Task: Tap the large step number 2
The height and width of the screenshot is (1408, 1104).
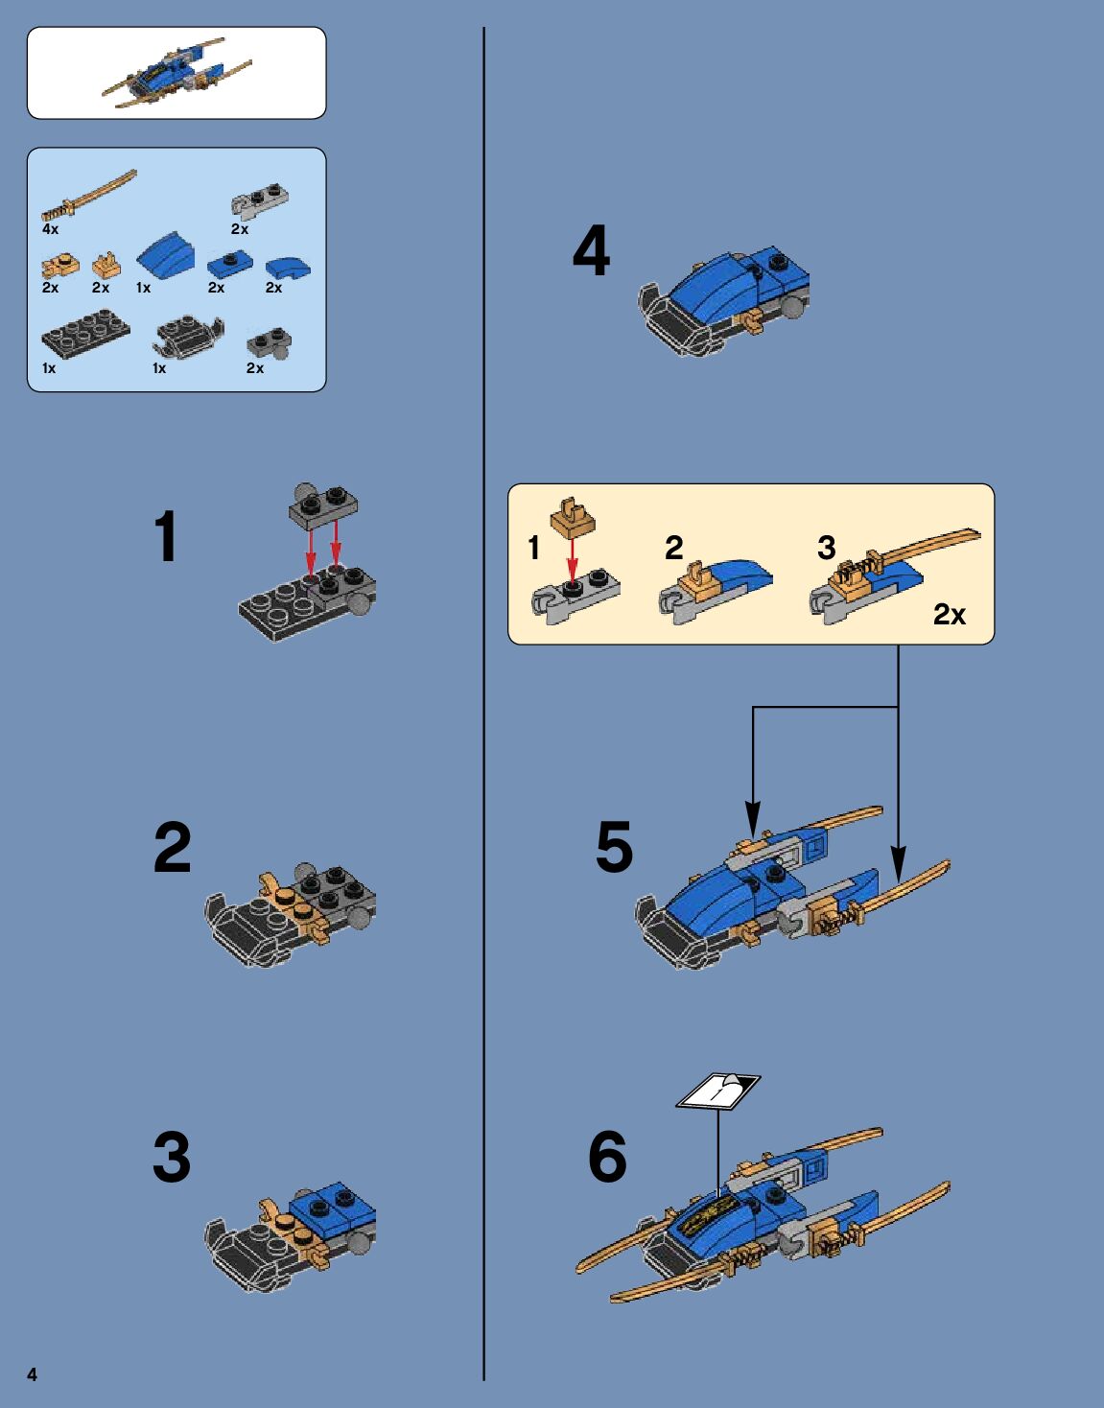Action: click(173, 847)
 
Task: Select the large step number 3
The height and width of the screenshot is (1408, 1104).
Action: click(172, 1158)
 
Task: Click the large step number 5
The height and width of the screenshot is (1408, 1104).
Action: click(614, 847)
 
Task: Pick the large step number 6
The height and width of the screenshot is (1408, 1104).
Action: click(608, 1158)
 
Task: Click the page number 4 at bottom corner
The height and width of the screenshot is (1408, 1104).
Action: click(32, 1374)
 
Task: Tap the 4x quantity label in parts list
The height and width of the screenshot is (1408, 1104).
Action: click(50, 229)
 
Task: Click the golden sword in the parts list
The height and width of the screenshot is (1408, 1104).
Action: click(89, 195)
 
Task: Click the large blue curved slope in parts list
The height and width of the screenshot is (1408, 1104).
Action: click(166, 254)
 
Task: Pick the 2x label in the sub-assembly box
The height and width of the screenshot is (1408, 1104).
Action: click(950, 614)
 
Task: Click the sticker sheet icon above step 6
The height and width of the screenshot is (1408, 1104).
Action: click(717, 1091)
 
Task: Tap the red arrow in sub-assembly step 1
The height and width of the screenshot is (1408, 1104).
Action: click(572, 558)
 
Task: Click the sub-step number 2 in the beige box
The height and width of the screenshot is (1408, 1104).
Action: click(673, 549)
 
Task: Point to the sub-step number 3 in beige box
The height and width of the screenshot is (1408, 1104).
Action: click(827, 548)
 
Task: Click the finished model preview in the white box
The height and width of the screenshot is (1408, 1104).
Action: click(176, 73)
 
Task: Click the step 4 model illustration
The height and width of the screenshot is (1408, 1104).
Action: click(723, 300)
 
